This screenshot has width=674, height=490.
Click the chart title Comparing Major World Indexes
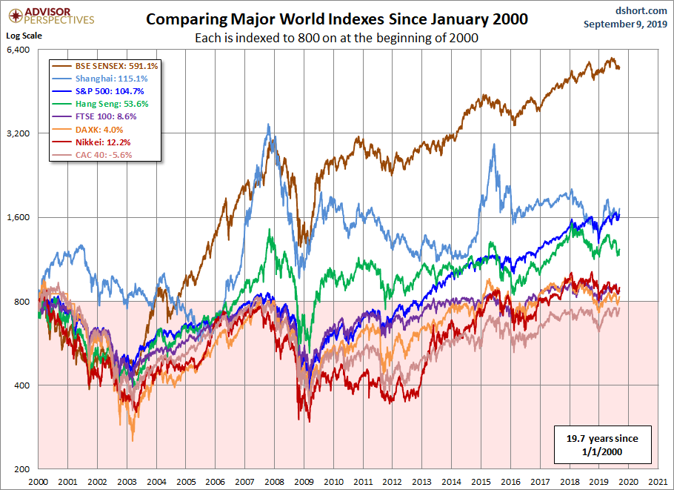[x=337, y=19]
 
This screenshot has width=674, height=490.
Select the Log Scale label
[x=24, y=35]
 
